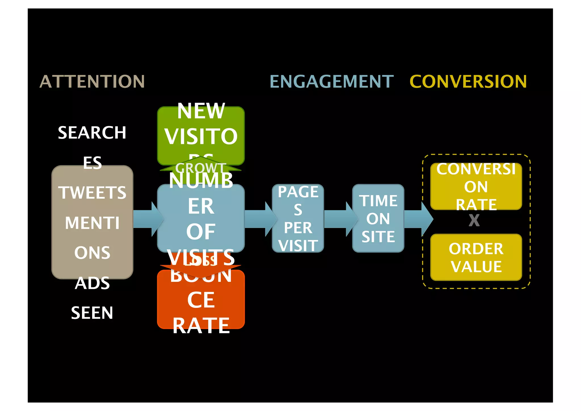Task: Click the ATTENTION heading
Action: [x=92, y=82]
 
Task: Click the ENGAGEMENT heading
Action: [x=331, y=82]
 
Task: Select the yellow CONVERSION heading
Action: [x=468, y=82]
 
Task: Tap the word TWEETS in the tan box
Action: [x=92, y=193]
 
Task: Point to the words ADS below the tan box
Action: [x=92, y=283]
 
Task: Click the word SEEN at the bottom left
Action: [x=92, y=313]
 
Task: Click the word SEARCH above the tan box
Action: [x=92, y=132]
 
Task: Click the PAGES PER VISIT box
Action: [x=298, y=218]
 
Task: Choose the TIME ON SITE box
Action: [x=378, y=218]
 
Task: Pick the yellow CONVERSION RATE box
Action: [x=476, y=186]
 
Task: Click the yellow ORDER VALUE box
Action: [x=476, y=257]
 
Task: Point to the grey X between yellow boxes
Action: [x=474, y=220]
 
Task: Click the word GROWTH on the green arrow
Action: [x=201, y=168]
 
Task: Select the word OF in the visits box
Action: [x=201, y=231]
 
